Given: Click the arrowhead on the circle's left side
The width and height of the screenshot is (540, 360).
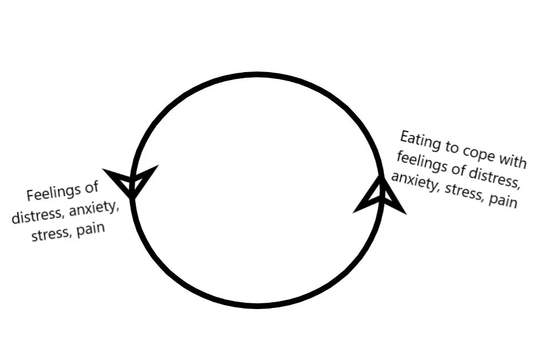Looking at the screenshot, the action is [x=131, y=180].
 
